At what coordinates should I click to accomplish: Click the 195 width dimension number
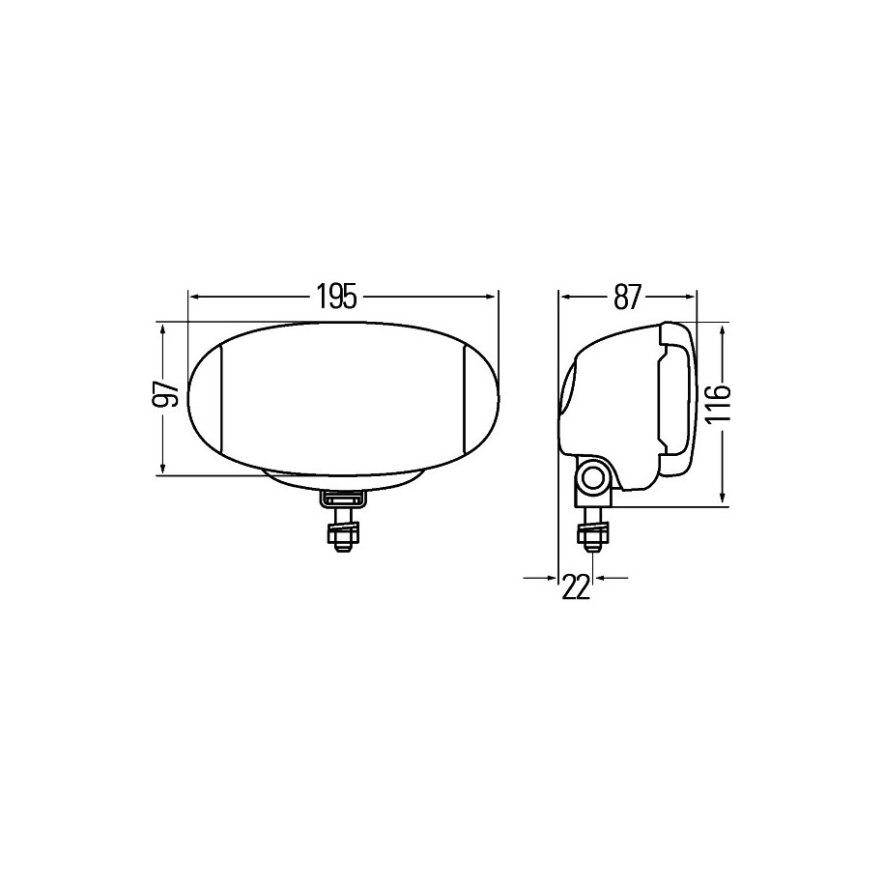(336, 297)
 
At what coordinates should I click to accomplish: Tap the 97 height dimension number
(165, 393)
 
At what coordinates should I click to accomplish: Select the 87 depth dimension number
(627, 297)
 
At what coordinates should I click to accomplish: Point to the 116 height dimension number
(717, 403)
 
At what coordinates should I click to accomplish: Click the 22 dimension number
(575, 586)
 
